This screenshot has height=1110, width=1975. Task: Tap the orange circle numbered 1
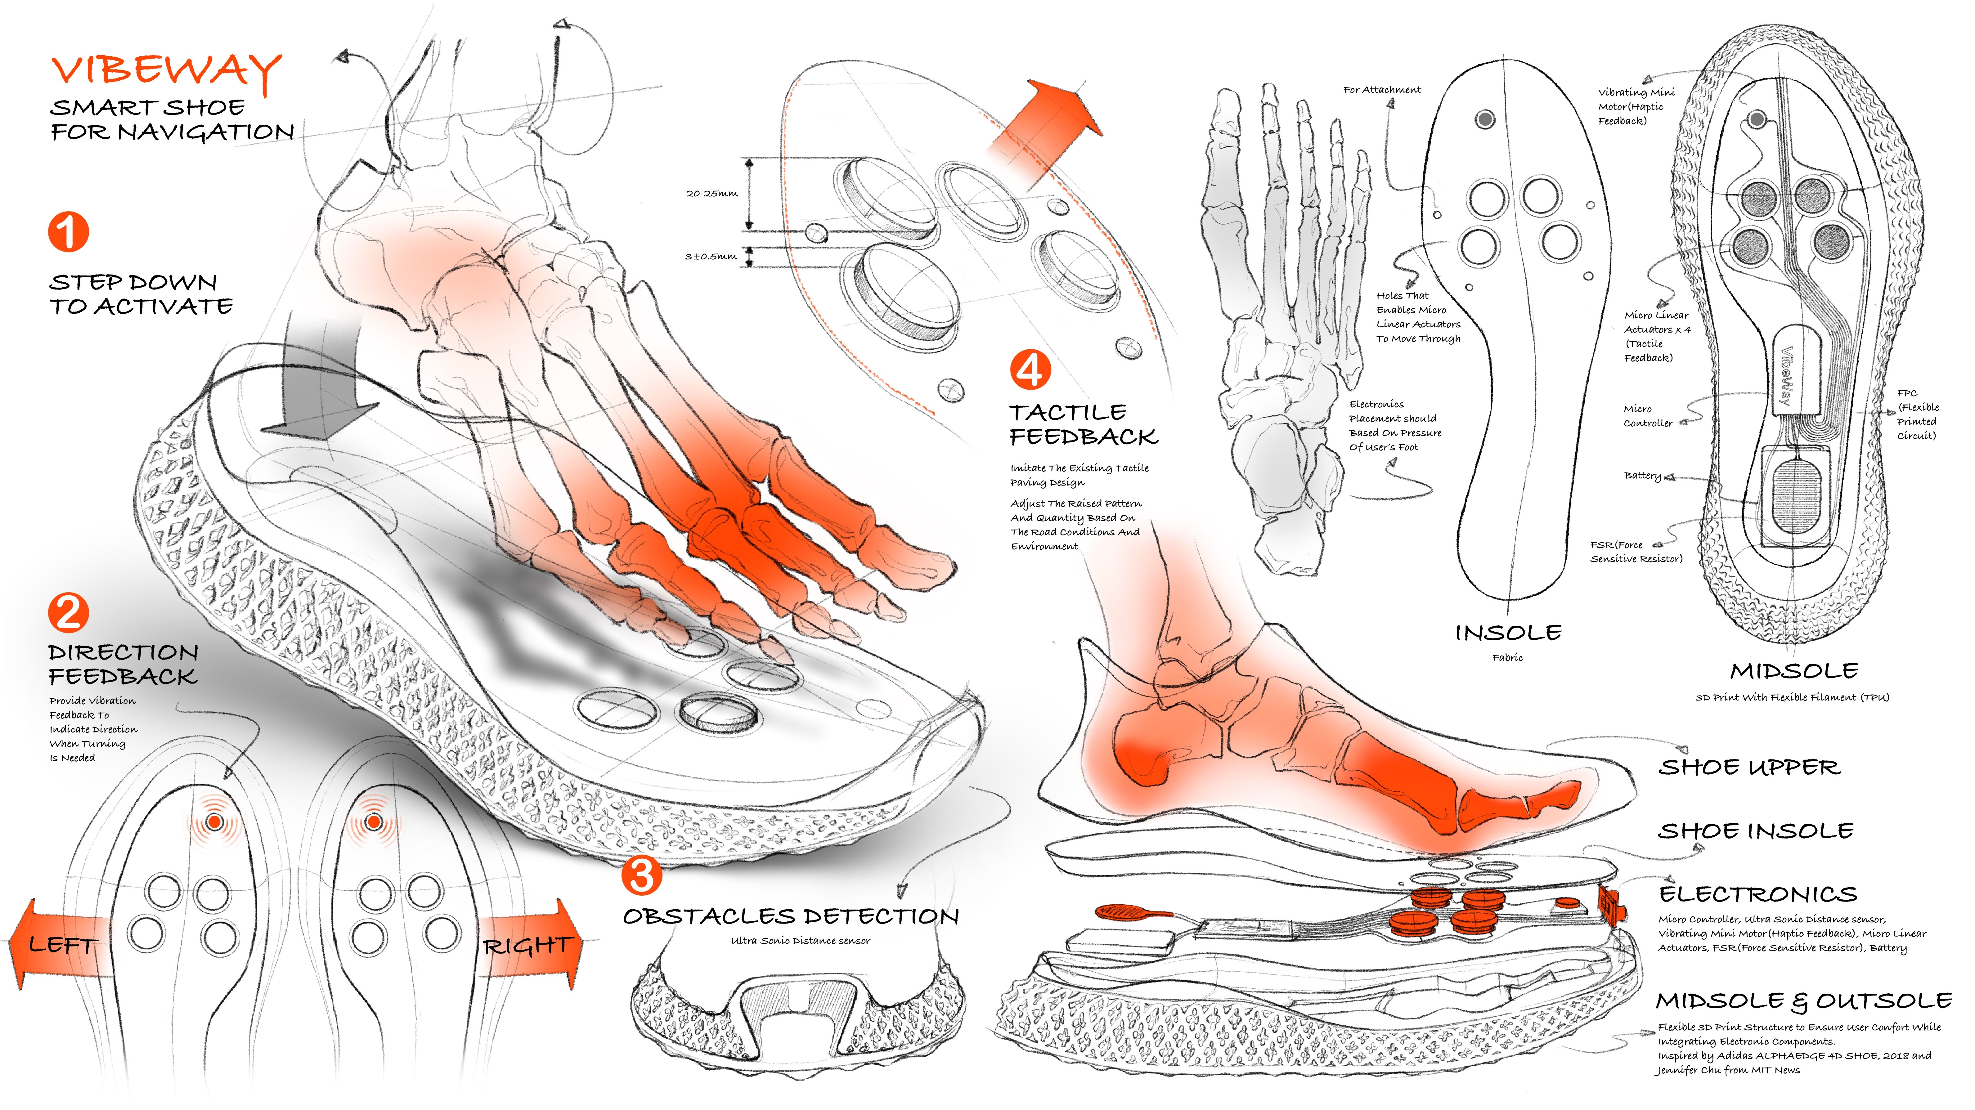(68, 232)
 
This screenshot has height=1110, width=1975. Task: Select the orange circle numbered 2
(68, 613)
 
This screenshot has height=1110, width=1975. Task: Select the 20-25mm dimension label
(711, 194)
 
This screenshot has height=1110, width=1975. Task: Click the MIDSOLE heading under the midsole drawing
(1794, 672)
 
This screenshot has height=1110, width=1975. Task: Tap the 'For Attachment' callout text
(1382, 90)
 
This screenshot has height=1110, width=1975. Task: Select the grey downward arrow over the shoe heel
(311, 391)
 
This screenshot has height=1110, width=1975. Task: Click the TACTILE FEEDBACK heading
(1083, 425)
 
